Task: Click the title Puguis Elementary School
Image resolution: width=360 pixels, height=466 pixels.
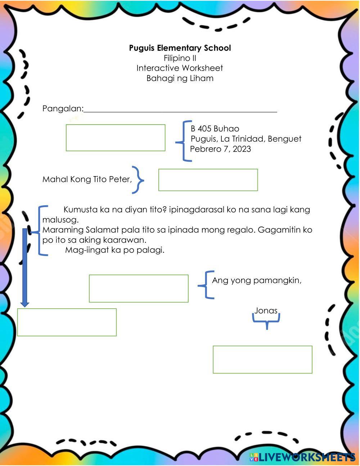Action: click(180, 48)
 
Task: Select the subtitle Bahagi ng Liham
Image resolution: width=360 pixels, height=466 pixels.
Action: click(180, 78)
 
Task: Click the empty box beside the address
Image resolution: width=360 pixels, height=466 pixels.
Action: click(116, 138)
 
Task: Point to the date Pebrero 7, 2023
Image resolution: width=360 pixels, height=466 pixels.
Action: click(220, 149)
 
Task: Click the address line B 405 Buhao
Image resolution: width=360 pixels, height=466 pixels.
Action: click(215, 129)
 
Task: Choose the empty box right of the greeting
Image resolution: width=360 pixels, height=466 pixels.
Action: click(208, 180)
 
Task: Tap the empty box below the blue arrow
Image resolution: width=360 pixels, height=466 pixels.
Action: click(67, 322)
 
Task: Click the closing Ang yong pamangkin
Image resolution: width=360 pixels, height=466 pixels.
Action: click(256, 280)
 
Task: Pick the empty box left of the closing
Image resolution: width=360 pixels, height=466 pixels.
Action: click(139, 288)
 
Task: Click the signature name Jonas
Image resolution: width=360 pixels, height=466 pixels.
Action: click(266, 310)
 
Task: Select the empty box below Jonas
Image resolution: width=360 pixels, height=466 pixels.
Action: click(262, 359)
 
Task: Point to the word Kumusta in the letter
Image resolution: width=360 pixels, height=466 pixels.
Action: click(80, 210)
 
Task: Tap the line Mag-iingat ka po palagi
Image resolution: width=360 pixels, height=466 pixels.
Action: click(114, 250)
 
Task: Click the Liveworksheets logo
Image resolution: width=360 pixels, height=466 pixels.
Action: click(302, 457)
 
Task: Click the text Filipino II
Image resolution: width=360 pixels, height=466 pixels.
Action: click(180, 58)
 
